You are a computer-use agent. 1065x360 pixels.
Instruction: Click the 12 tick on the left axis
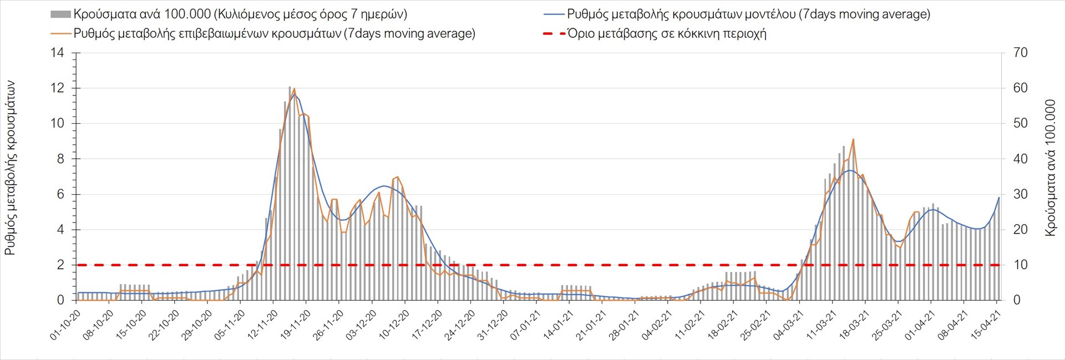pyautogui.click(x=58, y=88)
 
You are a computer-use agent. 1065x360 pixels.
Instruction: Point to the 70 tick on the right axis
pyautogui.click(x=1020, y=53)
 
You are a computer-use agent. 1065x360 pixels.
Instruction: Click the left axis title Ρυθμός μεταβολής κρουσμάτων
pyautogui.click(x=10, y=168)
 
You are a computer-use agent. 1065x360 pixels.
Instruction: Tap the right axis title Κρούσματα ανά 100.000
pyautogui.click(x=1050, y=168)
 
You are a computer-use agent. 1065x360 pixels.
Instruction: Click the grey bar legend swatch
pyautogui.click(x=60, y=14)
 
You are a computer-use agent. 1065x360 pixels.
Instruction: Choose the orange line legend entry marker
pyautogui.click(x=60, y=34)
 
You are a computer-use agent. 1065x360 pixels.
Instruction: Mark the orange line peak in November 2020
pyautogui.click(x=293, y=89)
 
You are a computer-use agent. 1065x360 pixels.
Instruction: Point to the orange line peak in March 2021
pyautogui.click(x=853, y=139)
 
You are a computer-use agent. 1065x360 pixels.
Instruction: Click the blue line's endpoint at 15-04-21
pyautogui.click(x=999, y=197)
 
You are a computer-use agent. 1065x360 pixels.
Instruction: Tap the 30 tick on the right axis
pyautogui.click(x=1020, y=194)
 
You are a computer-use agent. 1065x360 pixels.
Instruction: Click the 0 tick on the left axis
pyautogui.click(x=61, y=300)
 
